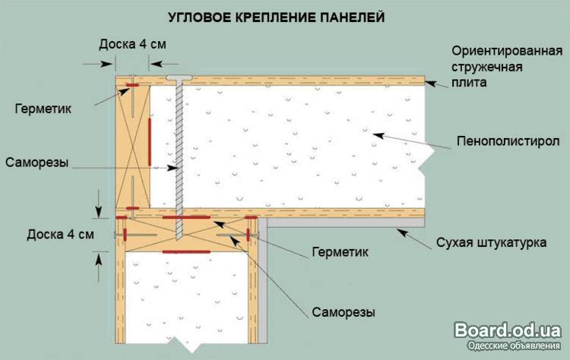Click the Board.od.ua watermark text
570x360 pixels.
pos(507,330)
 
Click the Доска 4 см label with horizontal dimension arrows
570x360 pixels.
pos(132,44)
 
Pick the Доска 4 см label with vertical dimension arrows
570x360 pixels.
pos(60,233)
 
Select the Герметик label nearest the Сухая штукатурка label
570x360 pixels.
pos(339,251)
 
